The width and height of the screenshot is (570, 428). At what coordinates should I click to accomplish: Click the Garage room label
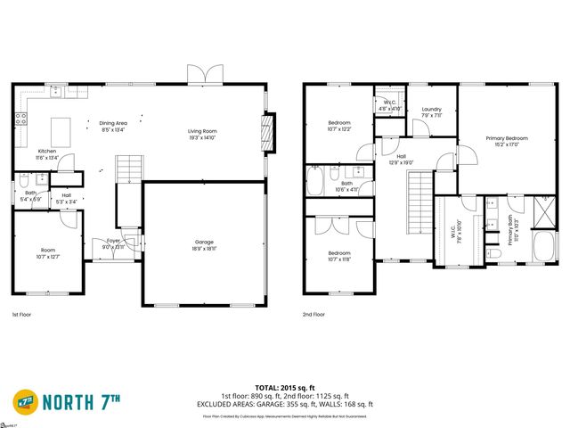click(x=204, y=245)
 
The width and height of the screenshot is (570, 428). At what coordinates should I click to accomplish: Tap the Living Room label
click(x=202, y=135)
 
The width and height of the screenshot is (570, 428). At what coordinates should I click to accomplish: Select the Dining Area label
click(x=113, y=126)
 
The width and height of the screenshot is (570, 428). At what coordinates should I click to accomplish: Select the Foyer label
click(x=113, y=243)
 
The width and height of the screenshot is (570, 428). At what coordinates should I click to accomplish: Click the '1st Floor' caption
click(x=23, y=315)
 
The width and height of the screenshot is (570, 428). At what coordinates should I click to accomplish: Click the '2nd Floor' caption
click(x=313, y=315)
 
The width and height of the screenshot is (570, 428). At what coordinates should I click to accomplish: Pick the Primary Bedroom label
click(x=507, y=141)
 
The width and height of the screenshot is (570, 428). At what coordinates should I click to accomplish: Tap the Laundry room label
click(x=431, y=111)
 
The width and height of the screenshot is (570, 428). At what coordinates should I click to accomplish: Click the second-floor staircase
click(x=419, y=200)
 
